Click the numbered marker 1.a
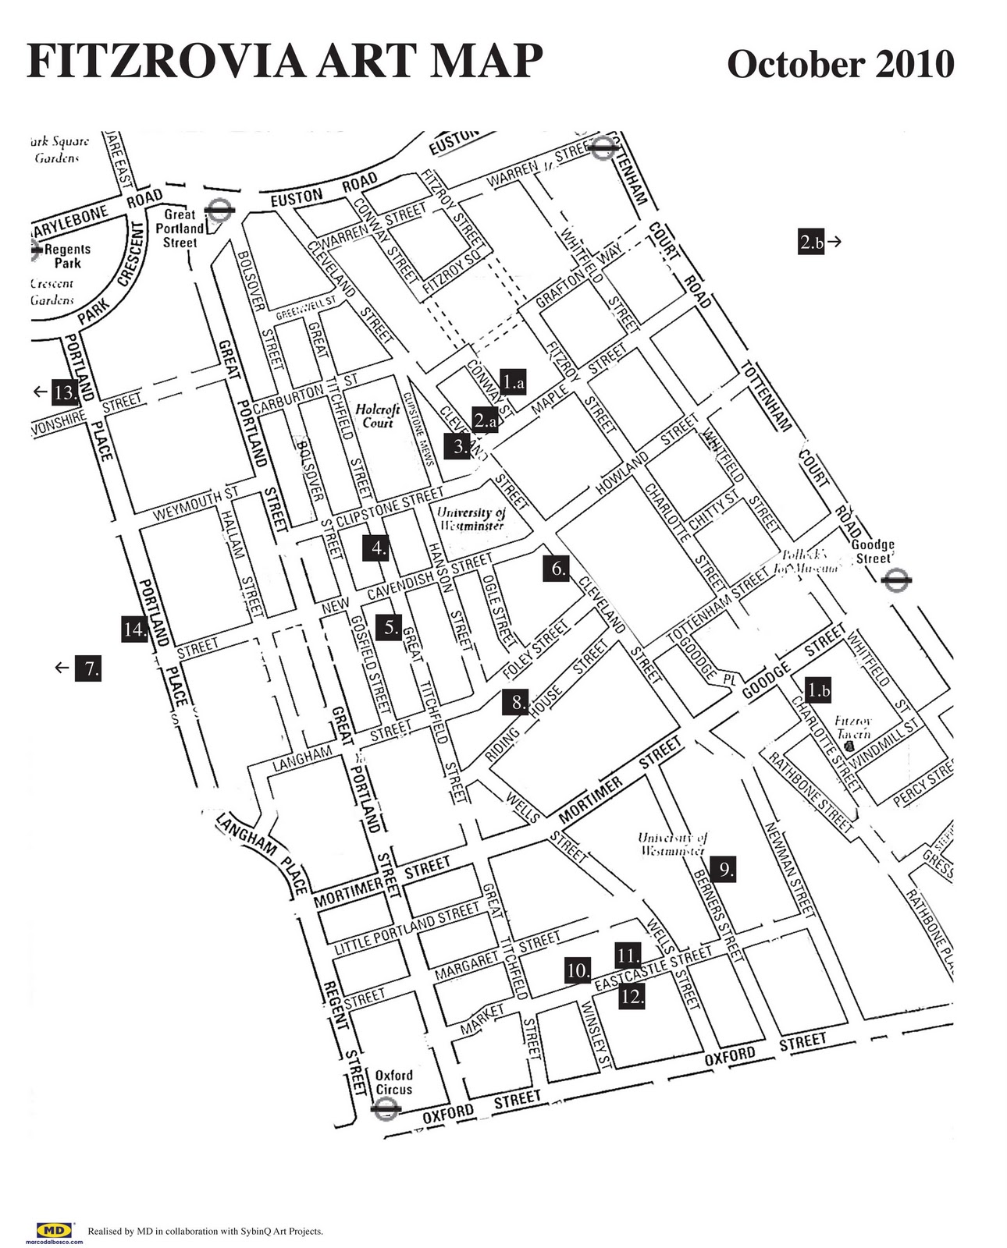pyautogui.click(x=513, y=381)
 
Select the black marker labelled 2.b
pyautogui.click(x=811, y=242)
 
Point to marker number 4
pyautogui.click(x=378, y=548)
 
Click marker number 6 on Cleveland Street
pyautogui.click(x=557, y=569)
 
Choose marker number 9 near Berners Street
pyautogui.click(x=725, y=869)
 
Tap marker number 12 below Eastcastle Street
pyautogui.click(x=632, y=996)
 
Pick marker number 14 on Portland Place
pyautogui.click(x=135, y=629)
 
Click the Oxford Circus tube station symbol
pyautogui.click(x=386, y=1108)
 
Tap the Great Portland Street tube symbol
pyautogui.click(x=220, y=209)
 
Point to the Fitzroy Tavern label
pyautogui.click(x=853, y=728)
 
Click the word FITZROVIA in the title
pyautogui.click(x=159, y=62)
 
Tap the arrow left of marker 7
pyautogui.click(x=62, y=668)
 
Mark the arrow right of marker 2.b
pyautogui.click(x=834, y=242)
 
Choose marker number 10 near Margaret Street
pyautogui.click(x=578, y=971)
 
